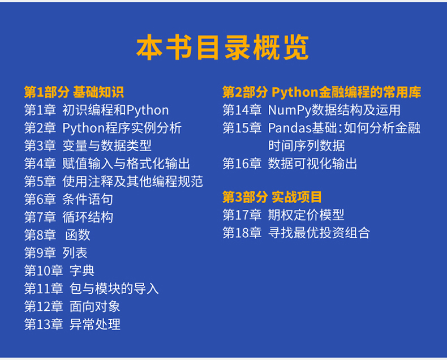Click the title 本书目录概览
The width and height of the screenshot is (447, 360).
point(222,48)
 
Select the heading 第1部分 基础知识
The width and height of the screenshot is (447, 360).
point(74,92)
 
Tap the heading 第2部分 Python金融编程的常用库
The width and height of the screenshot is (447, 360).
point(321,92)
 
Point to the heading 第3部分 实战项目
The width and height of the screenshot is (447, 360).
point(272,197)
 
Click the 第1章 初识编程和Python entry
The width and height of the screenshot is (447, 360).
point(96,110)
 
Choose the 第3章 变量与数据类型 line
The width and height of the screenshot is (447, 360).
point(88,146)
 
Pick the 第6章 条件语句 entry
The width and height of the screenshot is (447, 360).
point(68,199)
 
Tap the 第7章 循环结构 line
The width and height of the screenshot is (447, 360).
point(68,217)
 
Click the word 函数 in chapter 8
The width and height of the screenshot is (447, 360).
point(78,235)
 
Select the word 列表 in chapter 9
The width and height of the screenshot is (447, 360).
point(75,253)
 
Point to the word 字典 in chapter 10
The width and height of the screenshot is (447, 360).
point(82,271)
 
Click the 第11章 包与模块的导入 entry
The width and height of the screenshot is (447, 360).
point(91,289)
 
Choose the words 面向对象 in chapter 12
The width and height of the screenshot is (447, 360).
point(94,307)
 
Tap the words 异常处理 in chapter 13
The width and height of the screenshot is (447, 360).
point(94,324)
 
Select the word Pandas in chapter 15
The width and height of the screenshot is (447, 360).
point(289,128)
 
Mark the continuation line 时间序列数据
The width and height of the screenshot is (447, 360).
point(307,146)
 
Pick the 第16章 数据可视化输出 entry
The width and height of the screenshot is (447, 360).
point(290,164)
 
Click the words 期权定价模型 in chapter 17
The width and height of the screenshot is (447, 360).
point(306,215)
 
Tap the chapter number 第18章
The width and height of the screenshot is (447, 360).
point(242,233)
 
